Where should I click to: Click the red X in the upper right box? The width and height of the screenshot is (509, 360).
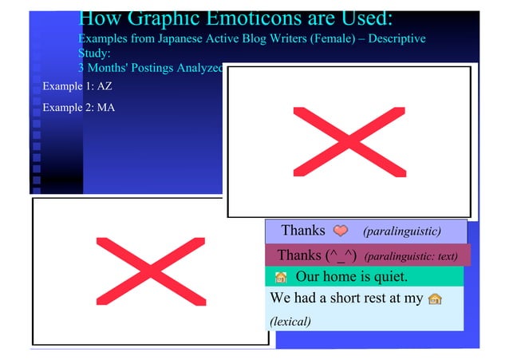[x=349, y=141]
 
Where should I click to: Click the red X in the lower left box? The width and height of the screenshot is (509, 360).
[x=150, y=271]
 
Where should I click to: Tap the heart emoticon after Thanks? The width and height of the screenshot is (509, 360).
[x=341, y=231]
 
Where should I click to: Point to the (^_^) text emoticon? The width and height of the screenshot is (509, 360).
[x=340, y=256]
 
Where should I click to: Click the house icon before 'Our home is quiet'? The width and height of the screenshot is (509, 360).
[x=280, y=279]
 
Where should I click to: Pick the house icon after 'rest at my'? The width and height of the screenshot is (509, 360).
[x=435, y=299]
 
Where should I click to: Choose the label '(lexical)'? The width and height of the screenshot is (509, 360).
[x=290, y=322]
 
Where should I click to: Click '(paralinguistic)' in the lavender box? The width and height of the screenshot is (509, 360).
[x=401, y=231]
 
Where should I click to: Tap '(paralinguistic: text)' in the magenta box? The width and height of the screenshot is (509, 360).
[x=411, y=257]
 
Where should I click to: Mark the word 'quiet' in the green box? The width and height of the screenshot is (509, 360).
[x=390, y=278]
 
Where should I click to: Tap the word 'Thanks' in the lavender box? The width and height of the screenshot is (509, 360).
[x=303, y=231]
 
